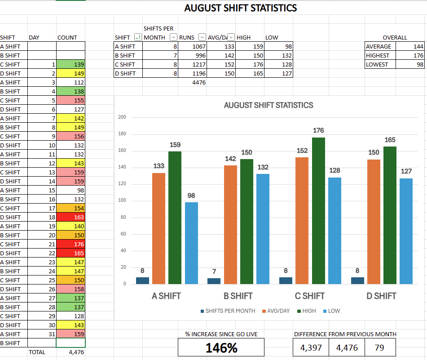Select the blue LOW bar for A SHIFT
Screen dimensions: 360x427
pyautogui.click(x=191, y=243)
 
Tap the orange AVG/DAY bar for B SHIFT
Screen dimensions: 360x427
pyautogui.click(x=231, y=224)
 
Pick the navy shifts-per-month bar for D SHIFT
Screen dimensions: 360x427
pyautogui.click(x=357, y=280)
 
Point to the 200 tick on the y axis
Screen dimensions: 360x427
pyautogui.click(x=122, y=117)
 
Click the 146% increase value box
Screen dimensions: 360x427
pyautogui.click(x=221, y=347)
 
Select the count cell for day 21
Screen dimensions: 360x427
pyautogui.click(x=71, y=244)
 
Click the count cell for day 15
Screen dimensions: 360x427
pyautogui.click(x=71, y=190)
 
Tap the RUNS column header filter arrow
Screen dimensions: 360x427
pyautogui.click(x=202, y=37)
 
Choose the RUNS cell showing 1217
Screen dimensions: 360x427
pyautogui.click(x=193, y=64)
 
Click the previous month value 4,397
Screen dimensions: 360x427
pyautogui.click(x=311, y=347)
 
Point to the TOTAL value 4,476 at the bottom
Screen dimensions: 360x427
pyautogui.click(x=71, y=352)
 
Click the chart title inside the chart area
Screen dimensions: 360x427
pyautogui.click(x=269, y=105)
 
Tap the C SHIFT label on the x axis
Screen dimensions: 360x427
pyautogui.click(x=310, y=296)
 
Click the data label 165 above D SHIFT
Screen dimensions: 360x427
pyautogui.click(x=390, y=140)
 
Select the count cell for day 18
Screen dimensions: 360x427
pyautogui.click(x=71, y=217)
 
